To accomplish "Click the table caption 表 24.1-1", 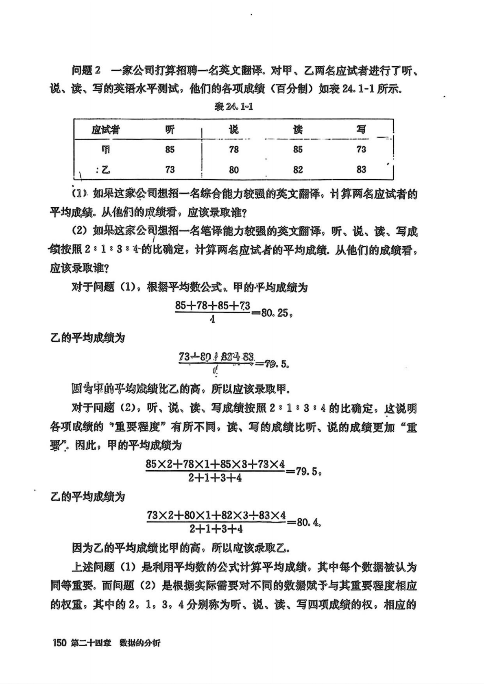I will [233, 107].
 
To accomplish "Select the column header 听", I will [170, 130].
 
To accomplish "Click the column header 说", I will [233, 130].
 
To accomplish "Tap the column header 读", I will [298, 130].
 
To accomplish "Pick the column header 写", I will [361, 129].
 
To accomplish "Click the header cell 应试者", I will [105, 130].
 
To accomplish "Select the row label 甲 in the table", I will [105, 150].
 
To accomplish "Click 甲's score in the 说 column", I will [233, 150].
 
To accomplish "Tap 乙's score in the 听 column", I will [170, 169].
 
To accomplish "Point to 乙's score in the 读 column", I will [298, 169].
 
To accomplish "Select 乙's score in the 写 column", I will [361, 169].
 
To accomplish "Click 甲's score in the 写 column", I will [361, 150].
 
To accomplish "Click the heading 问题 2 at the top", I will [86, 70].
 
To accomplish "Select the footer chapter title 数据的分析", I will [140, 643].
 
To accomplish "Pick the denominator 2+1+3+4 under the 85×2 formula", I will [215, 478].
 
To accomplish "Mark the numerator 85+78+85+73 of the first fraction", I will [212, 306].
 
